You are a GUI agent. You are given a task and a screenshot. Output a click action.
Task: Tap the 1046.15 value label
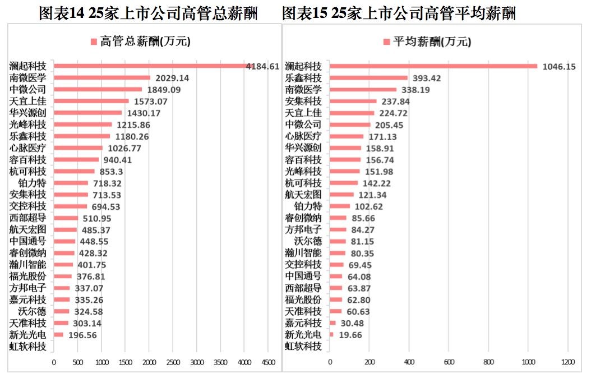pyautogui.click(x=559, y=66)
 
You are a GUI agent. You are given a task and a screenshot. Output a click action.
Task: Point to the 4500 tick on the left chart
pyautogui.click(x=269, y=362)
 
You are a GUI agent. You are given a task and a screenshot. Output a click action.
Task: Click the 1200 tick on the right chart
pyautogui.click(x=568, y=362)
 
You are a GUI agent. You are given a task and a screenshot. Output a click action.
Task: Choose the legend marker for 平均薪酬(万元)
pyautogui.click(x=386, y=42)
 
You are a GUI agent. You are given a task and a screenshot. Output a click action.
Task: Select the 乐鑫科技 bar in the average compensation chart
pyautogui.click(x=369, y=78)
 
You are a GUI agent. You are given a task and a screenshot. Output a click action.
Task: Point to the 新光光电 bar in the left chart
pyautogui.click(x=58, y=335)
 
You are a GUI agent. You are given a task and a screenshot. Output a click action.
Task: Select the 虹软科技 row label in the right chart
pyautogui.click(x=303, y=346)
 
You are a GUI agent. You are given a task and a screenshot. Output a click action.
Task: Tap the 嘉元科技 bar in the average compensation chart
pyautogui.click(x=333, y=323)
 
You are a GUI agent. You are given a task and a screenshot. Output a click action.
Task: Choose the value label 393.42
pyautogui.click(x=427, y=78)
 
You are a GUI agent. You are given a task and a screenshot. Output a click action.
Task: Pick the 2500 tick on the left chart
pyautogui.click(x=173, y=362)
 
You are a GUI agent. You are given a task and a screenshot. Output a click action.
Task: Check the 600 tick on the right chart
pyautogui.click(x=449, y=362)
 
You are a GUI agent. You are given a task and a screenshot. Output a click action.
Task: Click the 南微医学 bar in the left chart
pyautogui.click(x=102, y=78)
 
